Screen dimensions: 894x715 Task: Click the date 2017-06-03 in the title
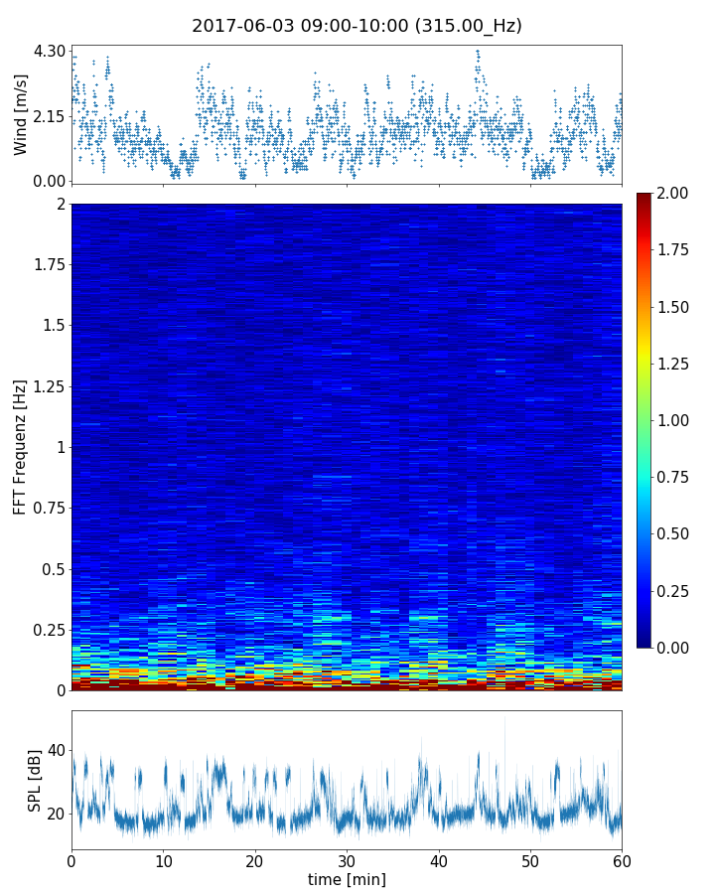[x=236, y=26]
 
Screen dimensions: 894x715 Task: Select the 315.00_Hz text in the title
[x=471, y=26]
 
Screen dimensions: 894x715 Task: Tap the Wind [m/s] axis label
[x=21, y=113]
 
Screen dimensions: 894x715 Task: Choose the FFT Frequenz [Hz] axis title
[x=21, y=447]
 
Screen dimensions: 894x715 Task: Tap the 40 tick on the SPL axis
[x=56, y=751]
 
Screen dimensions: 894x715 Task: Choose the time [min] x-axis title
[x=347, y=880]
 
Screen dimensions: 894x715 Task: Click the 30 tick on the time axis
[x=347, y=859]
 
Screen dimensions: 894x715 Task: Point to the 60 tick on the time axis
[x=622, y=859]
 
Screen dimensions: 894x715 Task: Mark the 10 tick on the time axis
[x=163, y=859]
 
